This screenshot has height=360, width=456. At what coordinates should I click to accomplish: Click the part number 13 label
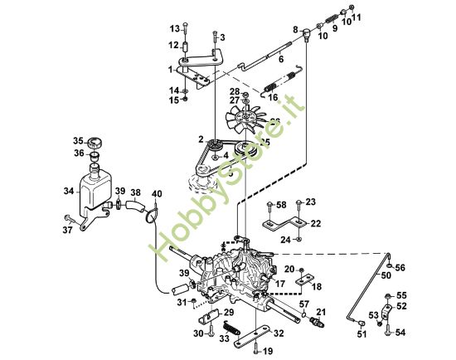(174, 30)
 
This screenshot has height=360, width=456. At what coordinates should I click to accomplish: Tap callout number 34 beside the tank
(70, 192)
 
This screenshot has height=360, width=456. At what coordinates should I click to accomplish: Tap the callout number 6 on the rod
(280, 60)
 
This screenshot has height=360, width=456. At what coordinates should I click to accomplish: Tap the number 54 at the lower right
(401, 333)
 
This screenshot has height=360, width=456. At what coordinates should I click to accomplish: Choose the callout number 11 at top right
(357, 17)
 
